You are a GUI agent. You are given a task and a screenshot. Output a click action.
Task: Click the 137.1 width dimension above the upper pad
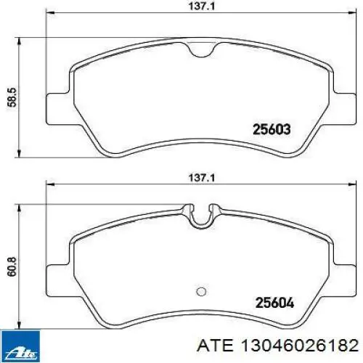[x=201, y=6]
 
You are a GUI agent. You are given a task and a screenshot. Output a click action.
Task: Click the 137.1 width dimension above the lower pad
[x=201, y=179]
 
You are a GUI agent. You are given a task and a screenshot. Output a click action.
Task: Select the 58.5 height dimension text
[x=12, y=97]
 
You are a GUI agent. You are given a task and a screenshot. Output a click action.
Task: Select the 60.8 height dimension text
[x=12, y=267]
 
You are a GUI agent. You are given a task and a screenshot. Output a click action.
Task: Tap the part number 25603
[x=272, y=129]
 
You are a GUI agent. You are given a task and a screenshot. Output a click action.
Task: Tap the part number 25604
[x=274, y=303]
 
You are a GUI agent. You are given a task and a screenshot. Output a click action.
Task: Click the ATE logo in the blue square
[x=20, y=346]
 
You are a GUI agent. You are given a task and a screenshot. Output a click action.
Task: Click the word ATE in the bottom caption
[x=216, y=346]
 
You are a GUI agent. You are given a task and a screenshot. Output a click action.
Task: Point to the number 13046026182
[x=300, y=346]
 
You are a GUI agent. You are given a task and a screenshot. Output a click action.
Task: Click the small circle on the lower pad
[x=201, y=292]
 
